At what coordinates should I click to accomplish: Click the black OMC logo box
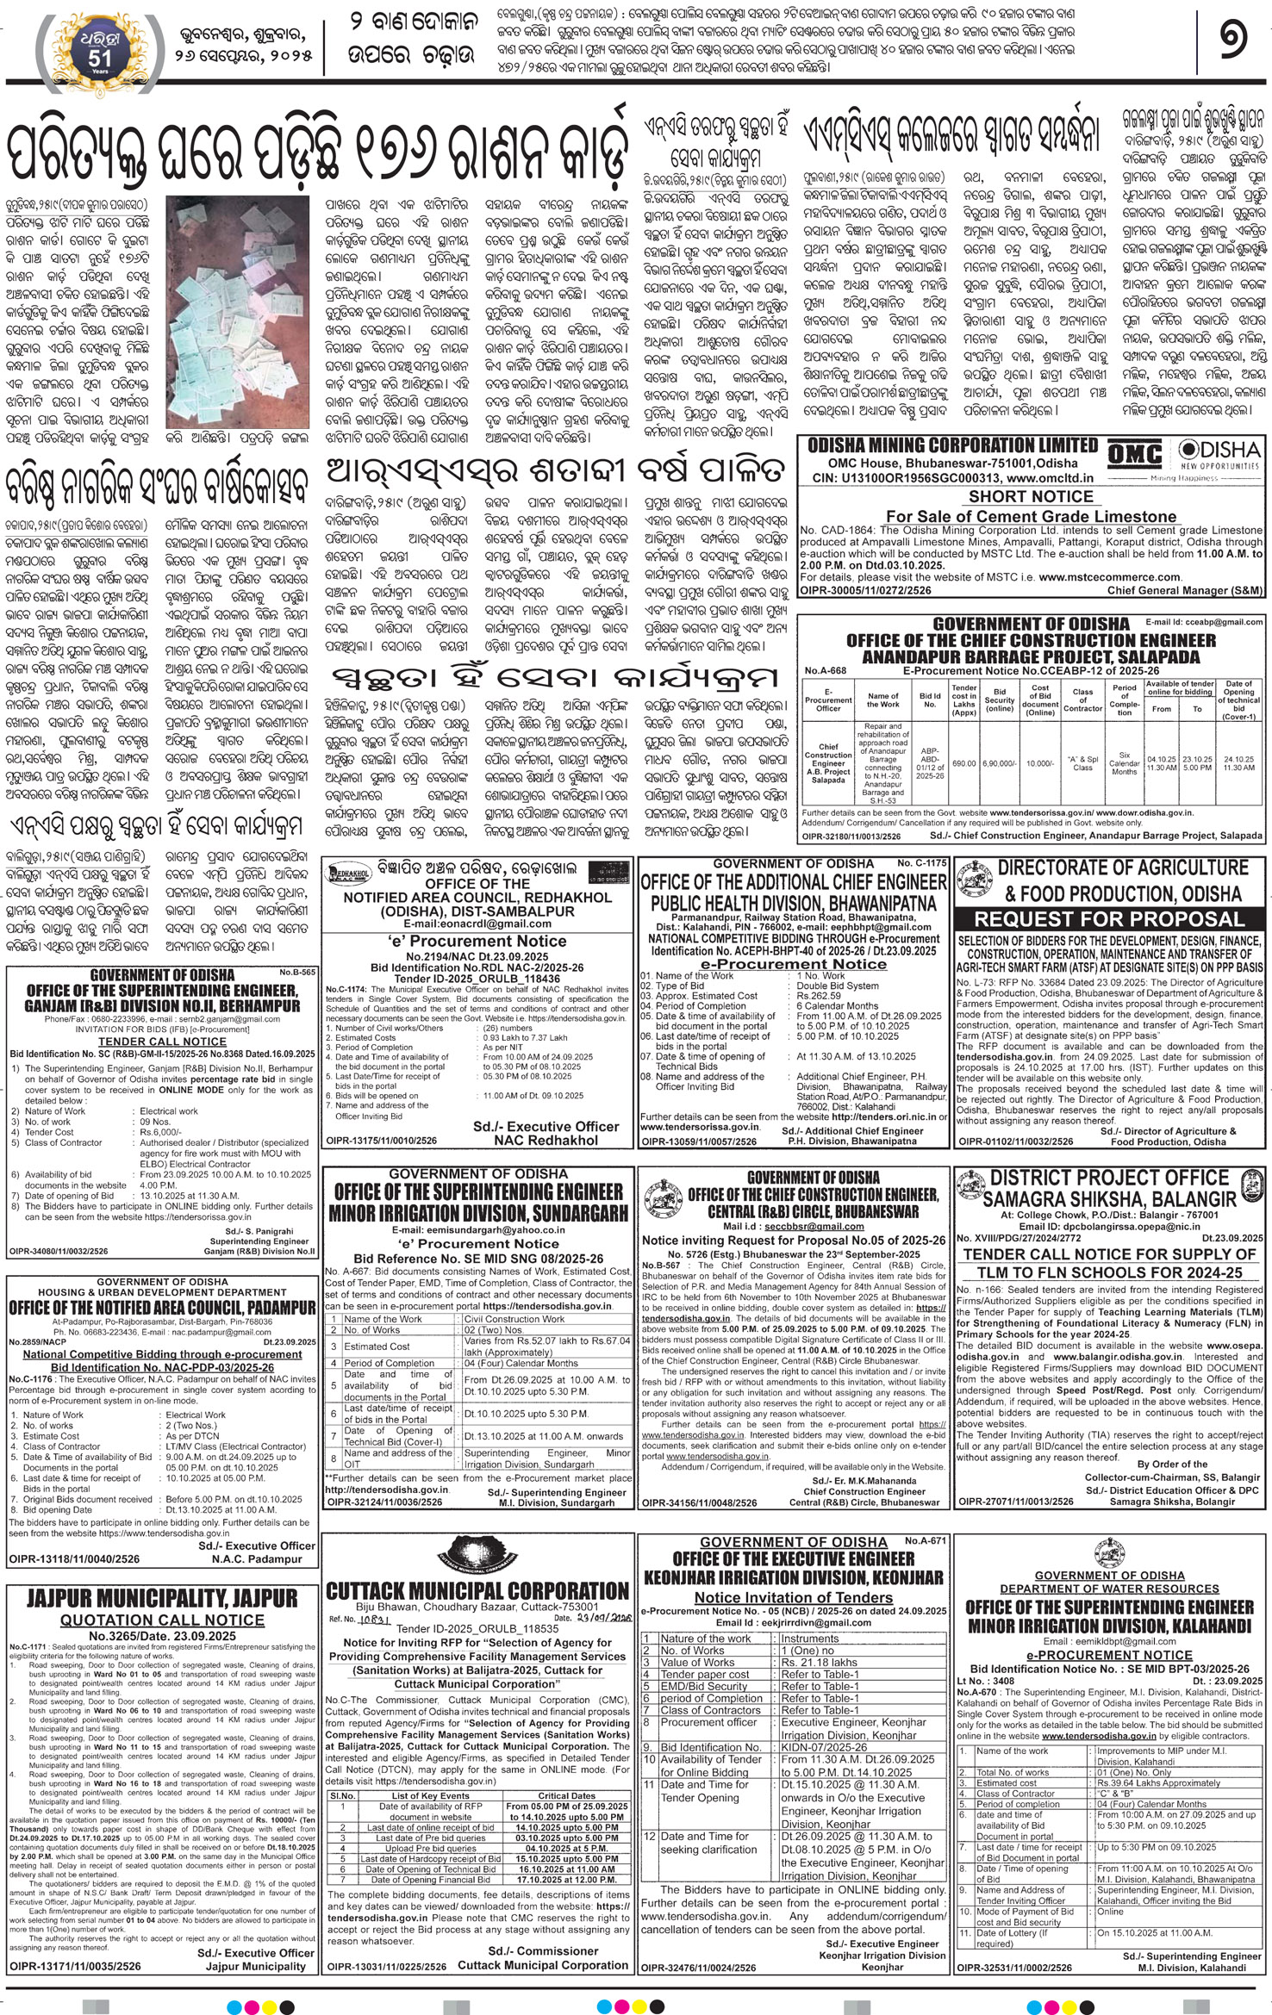(x=1133, y=454)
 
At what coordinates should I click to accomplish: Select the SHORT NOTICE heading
(x=1030, y=496)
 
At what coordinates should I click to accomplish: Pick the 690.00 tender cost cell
(x=963, y=763)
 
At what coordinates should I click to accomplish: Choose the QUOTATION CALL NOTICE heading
(x=162, y=1620)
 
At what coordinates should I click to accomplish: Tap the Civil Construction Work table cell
(x=514, y=1319)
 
